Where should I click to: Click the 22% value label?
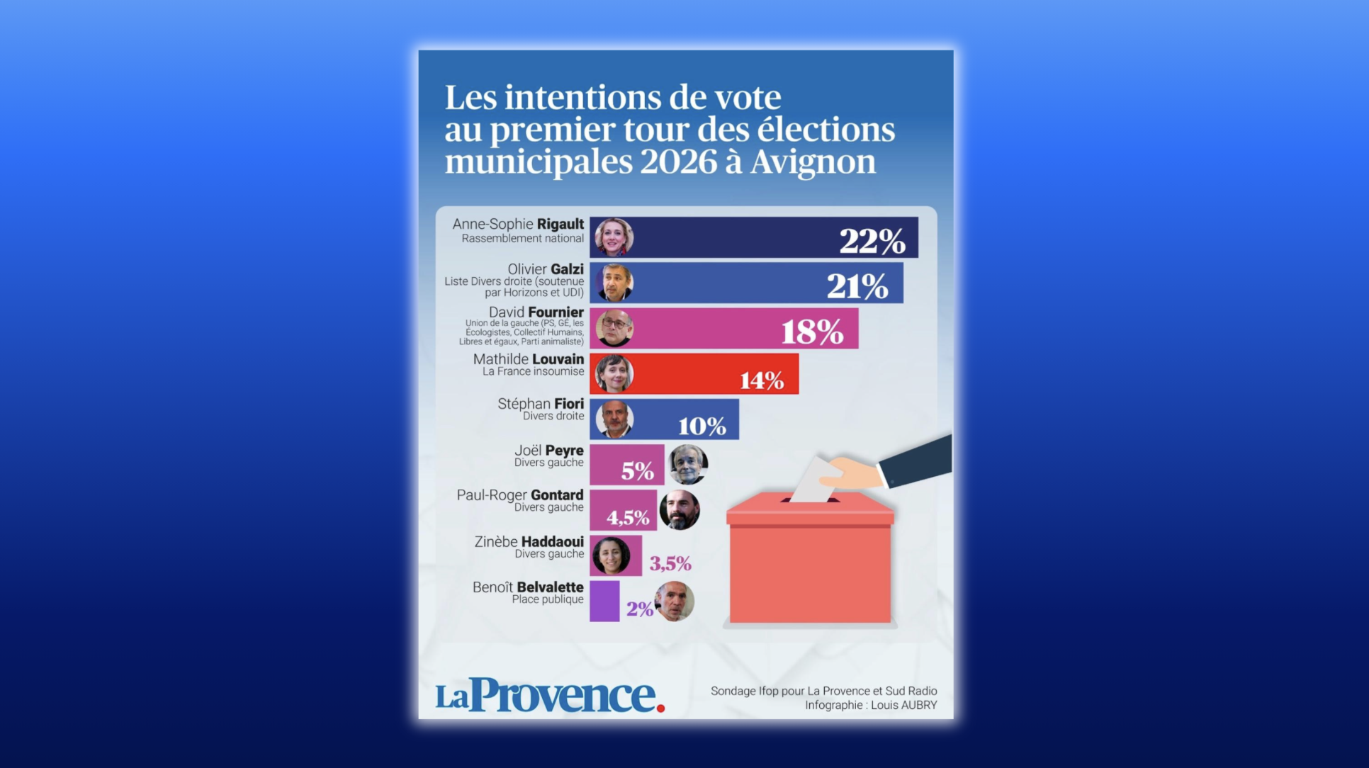click(872, 241)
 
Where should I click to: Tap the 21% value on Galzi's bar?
click(857, 286)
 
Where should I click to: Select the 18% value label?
click(812, 332)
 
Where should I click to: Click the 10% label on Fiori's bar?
click(702, 426)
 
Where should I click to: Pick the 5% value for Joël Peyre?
click(637, 471)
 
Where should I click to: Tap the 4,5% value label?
click(628, 517)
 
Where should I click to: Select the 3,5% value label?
click(670, 563)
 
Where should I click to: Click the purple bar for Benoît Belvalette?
click(604, 602)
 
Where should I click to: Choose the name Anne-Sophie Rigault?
click(518, 224)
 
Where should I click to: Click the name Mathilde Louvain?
click(528, 359)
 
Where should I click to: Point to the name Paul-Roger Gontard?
click(519, 495)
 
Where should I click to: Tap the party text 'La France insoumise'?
click(533, 371)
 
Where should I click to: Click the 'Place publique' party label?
click(548, 599)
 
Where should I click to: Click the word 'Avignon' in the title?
click(813, 162)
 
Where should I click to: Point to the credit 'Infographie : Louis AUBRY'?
click(870, 705)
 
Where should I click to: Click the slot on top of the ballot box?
click(810, 500)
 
